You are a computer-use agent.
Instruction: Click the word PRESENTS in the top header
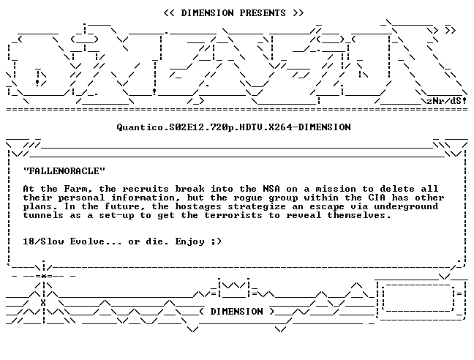pyautogui.click(x=263, y=13)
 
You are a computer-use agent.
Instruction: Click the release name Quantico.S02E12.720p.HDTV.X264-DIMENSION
pyautogui.click(x=233, y=127)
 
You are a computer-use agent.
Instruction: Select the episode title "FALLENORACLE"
pyautogui.click(x=64, y=171)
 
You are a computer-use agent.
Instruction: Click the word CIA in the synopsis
pyautogui.click(x=377, y=198)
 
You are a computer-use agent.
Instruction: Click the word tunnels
pyautogui.click(x=43, y=216)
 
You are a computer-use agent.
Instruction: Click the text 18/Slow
pyautogui.click(x=43, y=241)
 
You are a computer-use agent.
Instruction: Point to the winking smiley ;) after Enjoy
pyautogui.click(x=217, y=241)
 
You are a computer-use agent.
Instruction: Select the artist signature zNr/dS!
pyautogui.click(x=446, y=101)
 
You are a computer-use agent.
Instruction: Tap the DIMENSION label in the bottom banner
pyautogui.click(x=237, y=312)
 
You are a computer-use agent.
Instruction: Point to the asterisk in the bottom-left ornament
pyautogui.click(x=44, y=276)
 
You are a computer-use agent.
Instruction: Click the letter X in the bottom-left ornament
pyautogui.click(x=43, y=303)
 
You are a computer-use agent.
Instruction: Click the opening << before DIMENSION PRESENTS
pyautogui.click(x=169, y=13)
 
